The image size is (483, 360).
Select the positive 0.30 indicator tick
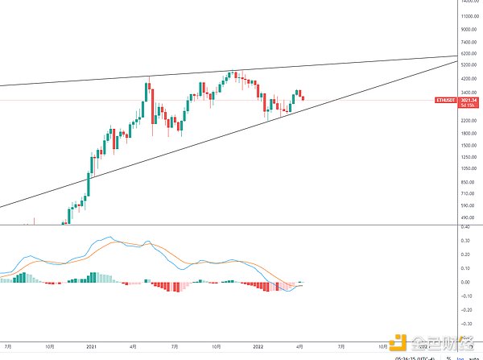(x=464, y=240)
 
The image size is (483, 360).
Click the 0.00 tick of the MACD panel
(x=464, y=282)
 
